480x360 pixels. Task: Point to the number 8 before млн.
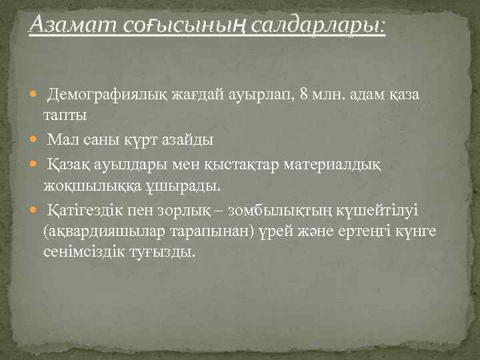[304, 95]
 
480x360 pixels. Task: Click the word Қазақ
[69, 164]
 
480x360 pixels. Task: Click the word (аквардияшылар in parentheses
[99, 231]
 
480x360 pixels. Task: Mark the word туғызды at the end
[169, 253]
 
